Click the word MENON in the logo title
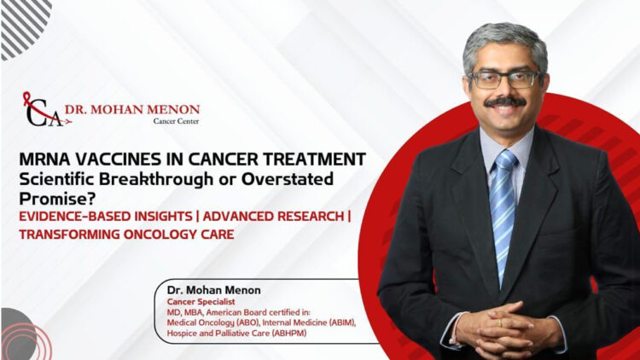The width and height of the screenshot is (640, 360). click(172, 109)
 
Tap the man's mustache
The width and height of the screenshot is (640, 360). click(505, 102)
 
